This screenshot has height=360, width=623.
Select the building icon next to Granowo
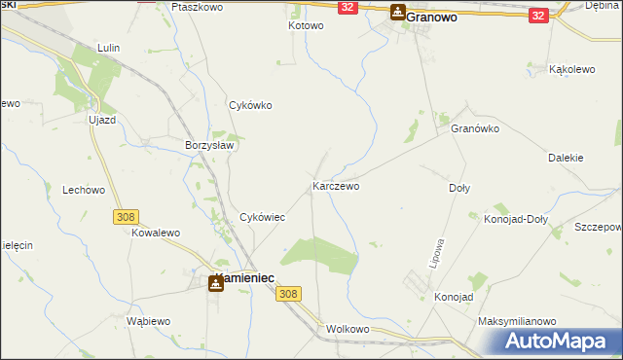coord(398,13)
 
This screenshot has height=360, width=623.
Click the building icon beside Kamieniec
coord(215,282)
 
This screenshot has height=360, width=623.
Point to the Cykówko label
coord(249,105)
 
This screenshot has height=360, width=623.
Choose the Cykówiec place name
coord(262,218)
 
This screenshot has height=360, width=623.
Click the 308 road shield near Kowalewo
coord(125,217)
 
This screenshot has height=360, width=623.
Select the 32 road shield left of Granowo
coord(348,7)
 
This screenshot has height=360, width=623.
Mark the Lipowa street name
coord(437,253)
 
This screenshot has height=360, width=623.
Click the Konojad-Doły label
coord(516,219)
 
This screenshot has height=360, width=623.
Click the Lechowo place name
coord(83,191)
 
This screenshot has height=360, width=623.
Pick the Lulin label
coord(108,47)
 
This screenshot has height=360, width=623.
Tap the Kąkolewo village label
coord(572,70)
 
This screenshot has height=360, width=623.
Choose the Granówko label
coord(475,128)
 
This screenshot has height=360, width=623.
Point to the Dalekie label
coord(566,157)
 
